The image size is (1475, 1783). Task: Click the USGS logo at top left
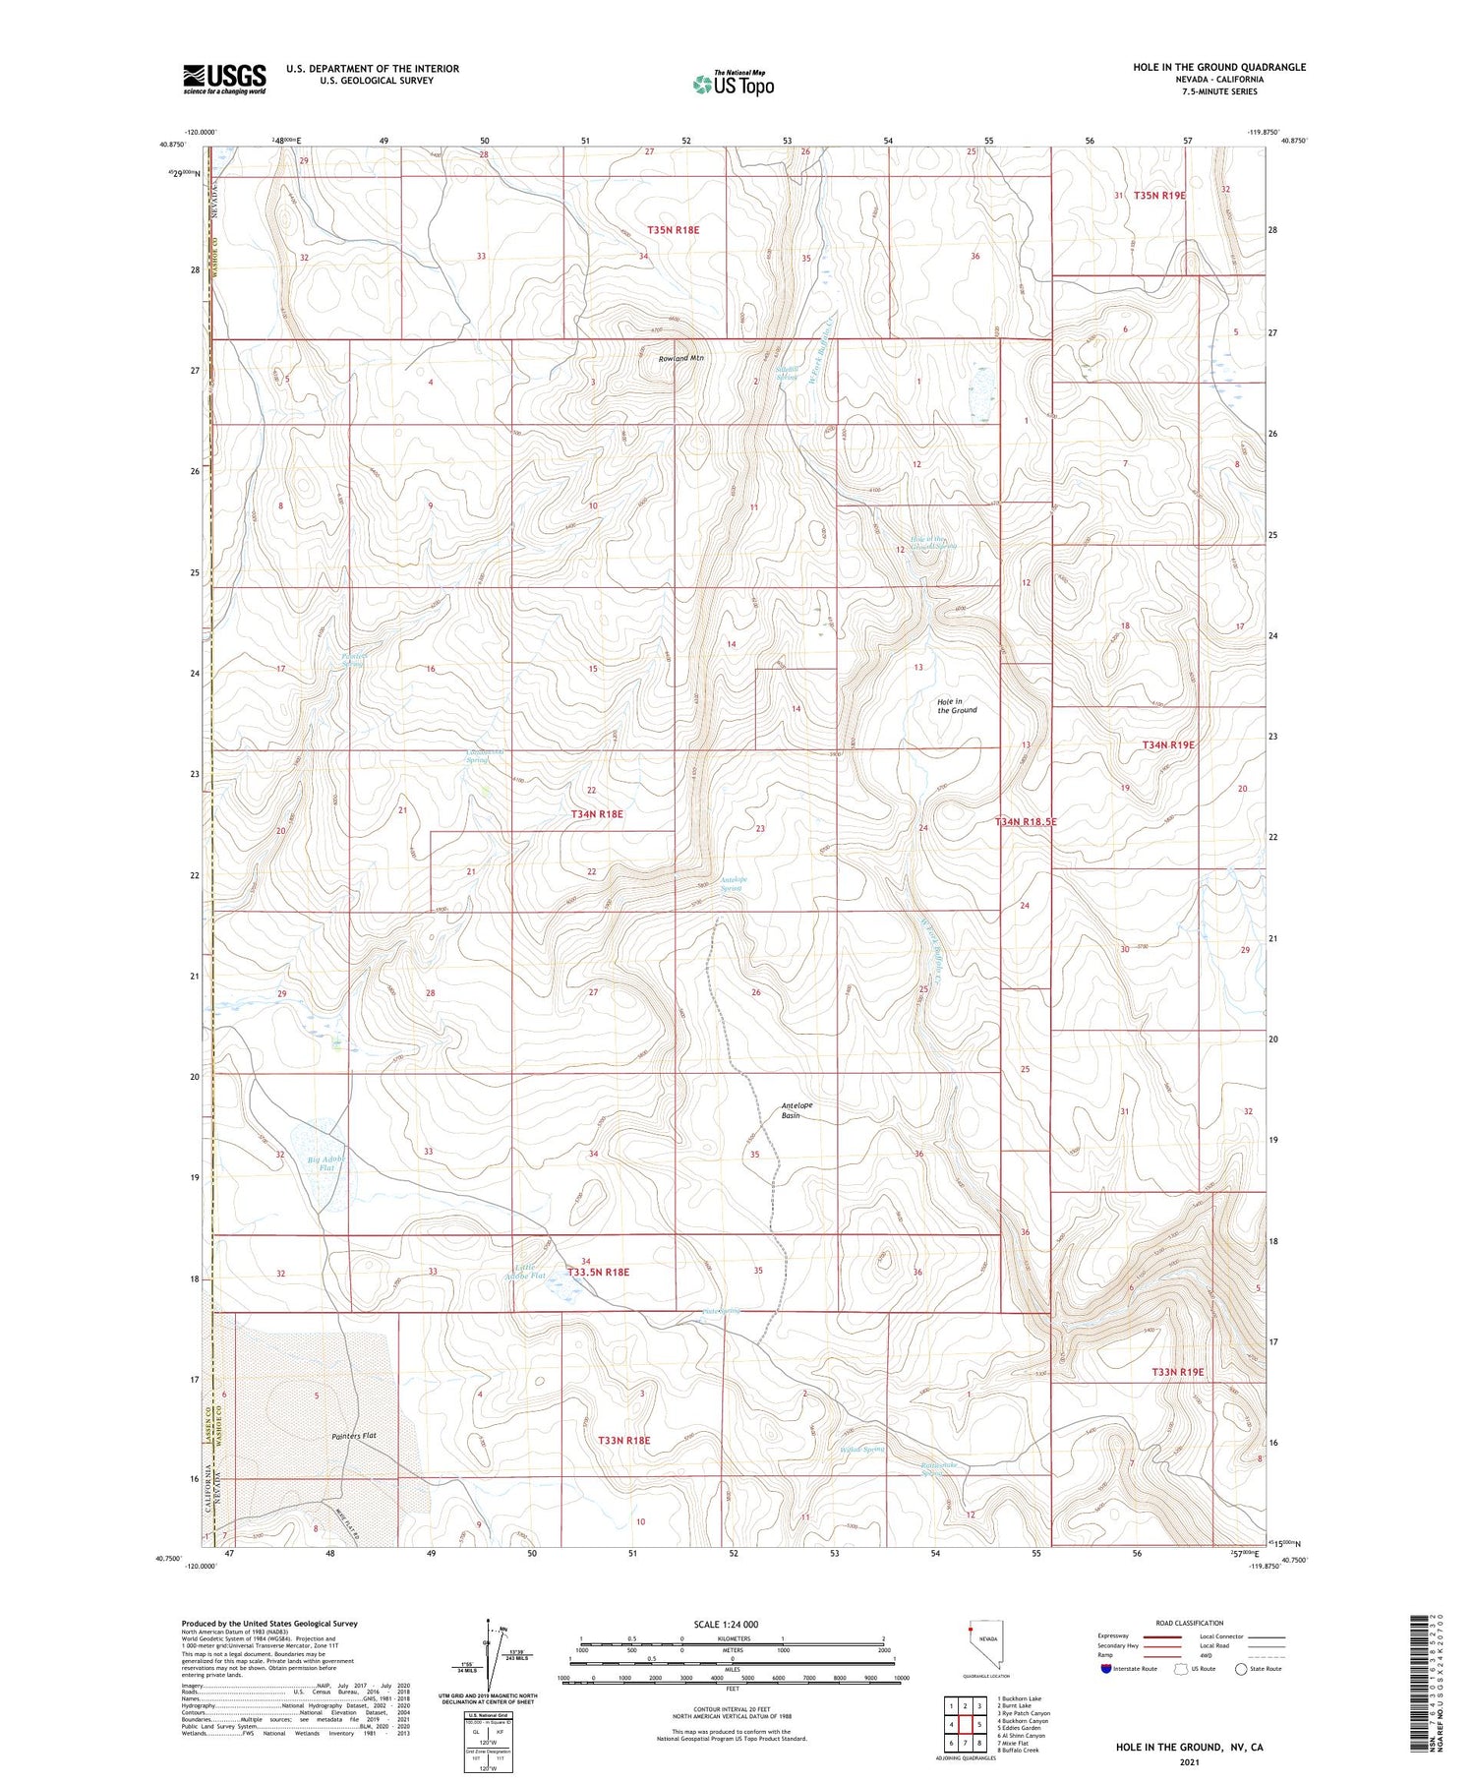pyautogui.click(x=224, y=79)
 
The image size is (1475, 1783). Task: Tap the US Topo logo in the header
pyautogui.click(x=734, y=85)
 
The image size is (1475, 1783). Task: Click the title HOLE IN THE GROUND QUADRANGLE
pyautogui.click(x=1218, y=67)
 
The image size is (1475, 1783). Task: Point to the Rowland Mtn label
pyautogui.click(x=681, y=358)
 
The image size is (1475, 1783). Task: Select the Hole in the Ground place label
pyautogui.click(x=957, y=705)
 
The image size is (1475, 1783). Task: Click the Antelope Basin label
pyautogui.click(x=796, y=1110)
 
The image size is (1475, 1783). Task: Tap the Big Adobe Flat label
pyautogui.click(x=326, y=1164)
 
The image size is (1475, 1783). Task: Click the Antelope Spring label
pyautogui.click(x=734, y=883)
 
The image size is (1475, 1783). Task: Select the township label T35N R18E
pyautogui.click(x=673, y=229)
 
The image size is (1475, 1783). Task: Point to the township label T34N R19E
pyautogui.click(x=1168, y=744)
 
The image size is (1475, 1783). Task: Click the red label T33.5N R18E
pyautogui.click(x=598, y=1272)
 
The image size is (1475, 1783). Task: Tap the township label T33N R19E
pyautogui.click(x=1177, y=1371)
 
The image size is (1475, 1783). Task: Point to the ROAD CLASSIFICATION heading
pyautogui.click(x=1189, y=1623)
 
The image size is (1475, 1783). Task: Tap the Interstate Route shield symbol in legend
pyautogui.click(x=1106, y=1669)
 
